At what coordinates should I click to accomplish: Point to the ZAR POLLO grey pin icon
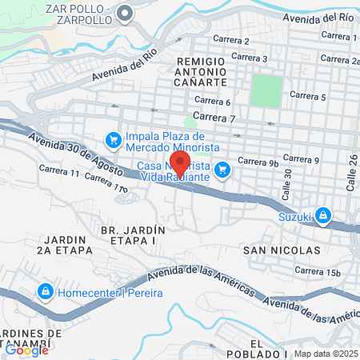coord(126,13)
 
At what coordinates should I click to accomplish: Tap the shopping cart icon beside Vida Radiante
coord(223,169)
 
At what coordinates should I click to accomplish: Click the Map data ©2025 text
coord(326,354)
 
